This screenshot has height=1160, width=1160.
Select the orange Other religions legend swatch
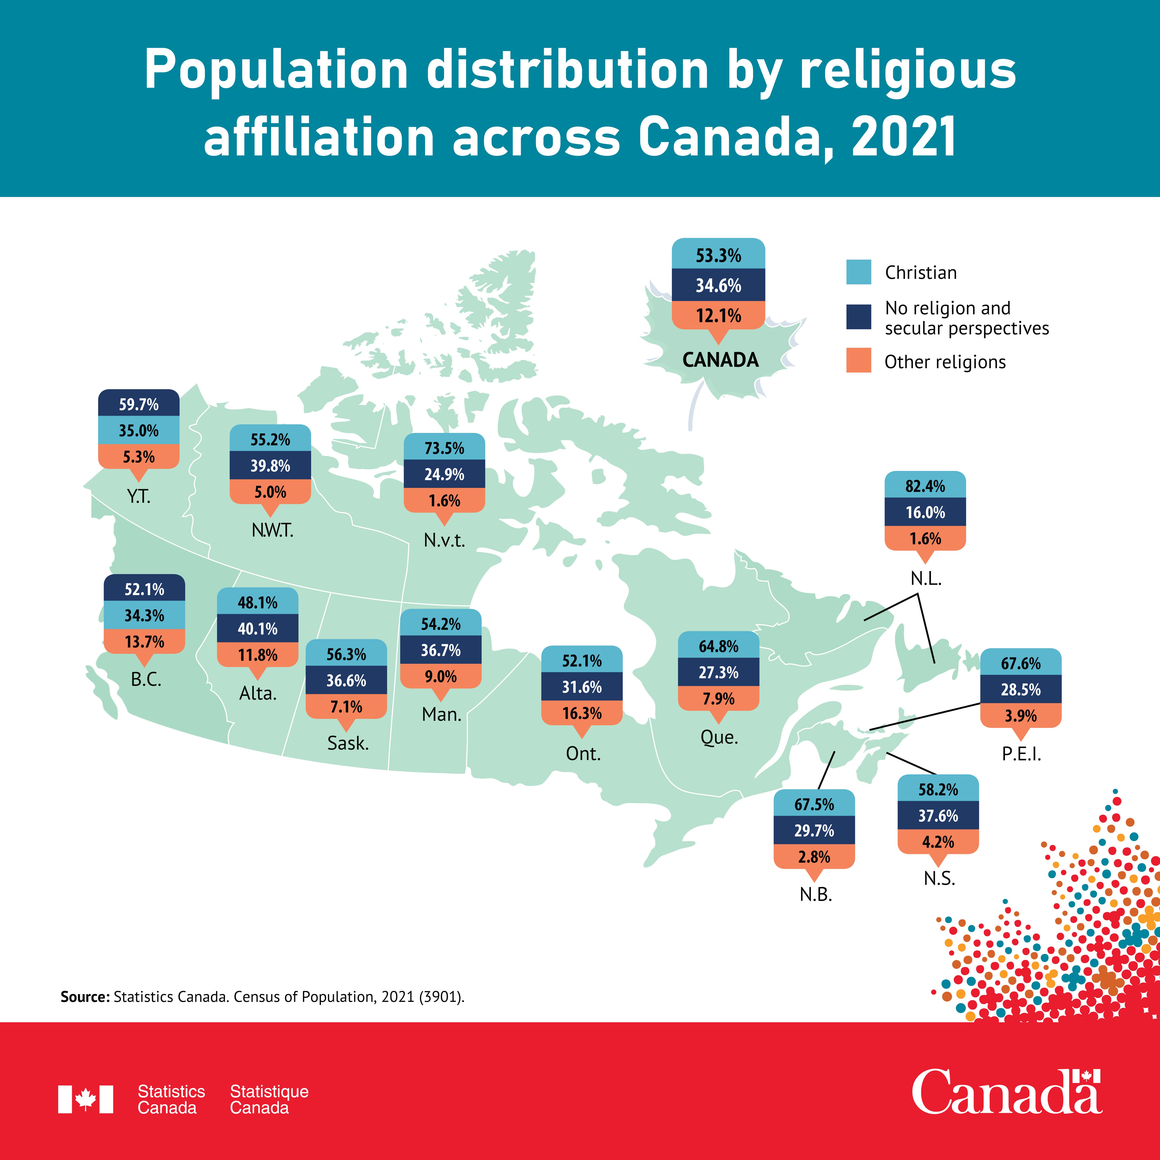click(859, 360)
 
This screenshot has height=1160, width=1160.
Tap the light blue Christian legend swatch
click(859, 272)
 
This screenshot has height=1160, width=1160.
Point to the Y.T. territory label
click(139, 496)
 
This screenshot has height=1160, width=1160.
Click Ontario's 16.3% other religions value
click(582, 713)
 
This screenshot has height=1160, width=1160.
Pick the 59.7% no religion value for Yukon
click(139, 405)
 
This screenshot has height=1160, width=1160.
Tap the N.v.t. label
click(444, 540)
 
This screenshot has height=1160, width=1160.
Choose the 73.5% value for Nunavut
click(444, 448)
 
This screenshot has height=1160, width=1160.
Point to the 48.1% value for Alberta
click(258, 603)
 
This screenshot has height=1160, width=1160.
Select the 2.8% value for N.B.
click(814, 857)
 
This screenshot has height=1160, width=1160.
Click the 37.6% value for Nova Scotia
click(938, 816)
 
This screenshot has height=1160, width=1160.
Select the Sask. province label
click(348, 743)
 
